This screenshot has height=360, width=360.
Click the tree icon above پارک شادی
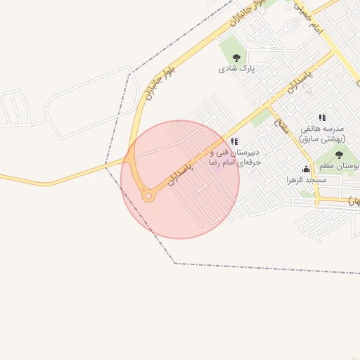point(235,58)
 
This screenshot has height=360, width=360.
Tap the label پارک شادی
point(235,69)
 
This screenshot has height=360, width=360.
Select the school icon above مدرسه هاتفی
point(321,117)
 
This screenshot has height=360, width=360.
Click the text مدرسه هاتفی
point(321,129)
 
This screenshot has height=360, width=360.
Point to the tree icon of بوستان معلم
point(339,155)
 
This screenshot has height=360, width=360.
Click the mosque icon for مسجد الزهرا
point(306,169)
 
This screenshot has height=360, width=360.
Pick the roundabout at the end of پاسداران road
point(148,197)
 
